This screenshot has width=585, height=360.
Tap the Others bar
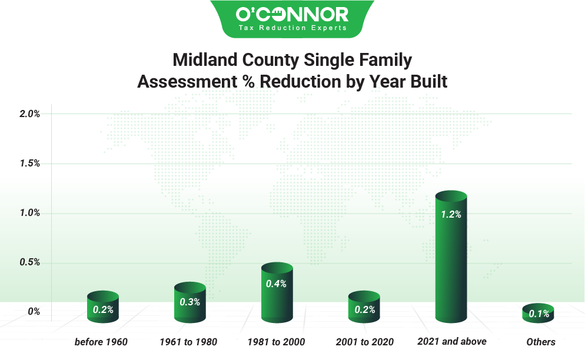coord(539,314)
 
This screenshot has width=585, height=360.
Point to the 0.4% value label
coord(276,284)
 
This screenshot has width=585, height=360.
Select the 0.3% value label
coord(190,302)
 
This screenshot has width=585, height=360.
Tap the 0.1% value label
coord(539,314)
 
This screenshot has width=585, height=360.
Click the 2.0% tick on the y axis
coord(29,114)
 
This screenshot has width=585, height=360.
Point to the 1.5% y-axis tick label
coord(29,164)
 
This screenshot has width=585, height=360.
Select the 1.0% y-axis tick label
coord(29,213)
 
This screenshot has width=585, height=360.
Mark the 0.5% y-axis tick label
coord(29,262)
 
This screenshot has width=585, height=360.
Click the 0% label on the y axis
coord(34,312)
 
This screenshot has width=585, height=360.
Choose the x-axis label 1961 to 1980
coord(188,342)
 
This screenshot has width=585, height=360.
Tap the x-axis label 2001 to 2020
coord(364,342)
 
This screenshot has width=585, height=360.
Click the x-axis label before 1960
coord(101,342)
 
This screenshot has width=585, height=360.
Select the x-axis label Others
coord(541,342)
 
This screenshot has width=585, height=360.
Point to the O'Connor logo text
coord(292,14)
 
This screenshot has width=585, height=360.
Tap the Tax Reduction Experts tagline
coord(292,28)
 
